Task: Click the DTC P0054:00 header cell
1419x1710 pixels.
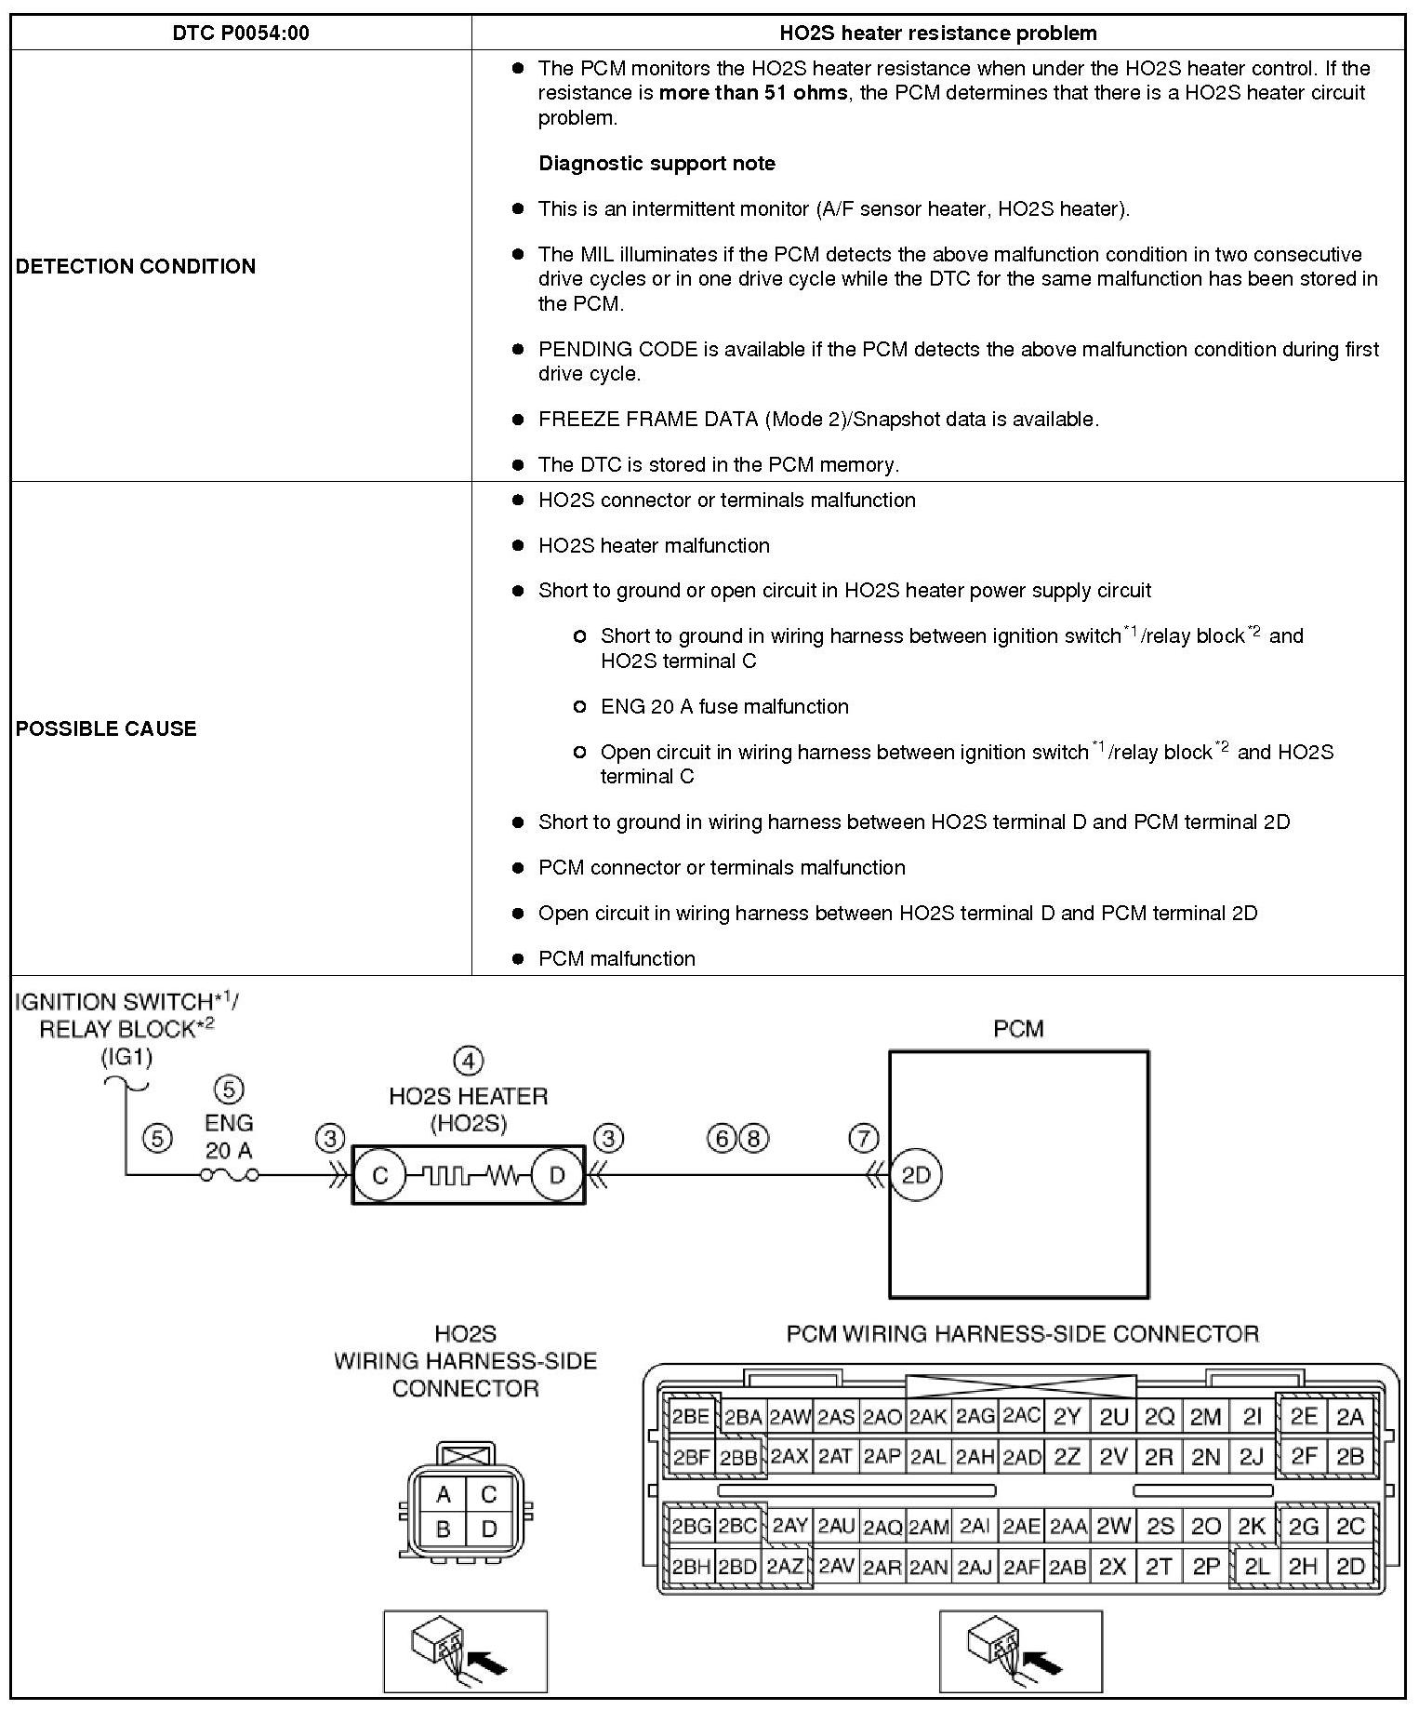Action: [241, 33]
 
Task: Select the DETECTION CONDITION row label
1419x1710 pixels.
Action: [136, 266]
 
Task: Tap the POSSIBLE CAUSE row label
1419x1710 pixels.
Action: [106, 728]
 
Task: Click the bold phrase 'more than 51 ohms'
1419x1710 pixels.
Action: [753, 93]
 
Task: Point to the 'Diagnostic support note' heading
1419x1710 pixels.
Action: [656, 164]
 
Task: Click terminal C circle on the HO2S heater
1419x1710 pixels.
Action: [380, 1176]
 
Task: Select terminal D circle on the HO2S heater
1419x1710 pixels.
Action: [557, 1176]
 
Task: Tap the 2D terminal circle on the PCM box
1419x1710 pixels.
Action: [916, 1175]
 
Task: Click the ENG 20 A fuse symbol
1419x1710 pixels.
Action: [229, 1176]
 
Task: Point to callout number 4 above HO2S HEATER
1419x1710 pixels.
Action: [469, 1061]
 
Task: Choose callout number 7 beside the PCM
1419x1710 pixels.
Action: [864, 1138]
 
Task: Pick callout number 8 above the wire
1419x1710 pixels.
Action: [754, 1138]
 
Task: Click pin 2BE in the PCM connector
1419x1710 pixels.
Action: [691, 1417]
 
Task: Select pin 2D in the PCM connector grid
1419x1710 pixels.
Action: [1350, 1567]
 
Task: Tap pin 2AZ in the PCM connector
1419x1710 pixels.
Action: [787, 1567]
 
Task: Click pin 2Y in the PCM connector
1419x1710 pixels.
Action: [1067, 1417]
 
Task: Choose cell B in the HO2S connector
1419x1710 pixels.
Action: [444, 1529]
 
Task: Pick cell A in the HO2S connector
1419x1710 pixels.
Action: [444, 1494]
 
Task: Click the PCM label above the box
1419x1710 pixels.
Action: [1019, 1029]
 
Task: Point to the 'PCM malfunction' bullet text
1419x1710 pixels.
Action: [617, 959]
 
